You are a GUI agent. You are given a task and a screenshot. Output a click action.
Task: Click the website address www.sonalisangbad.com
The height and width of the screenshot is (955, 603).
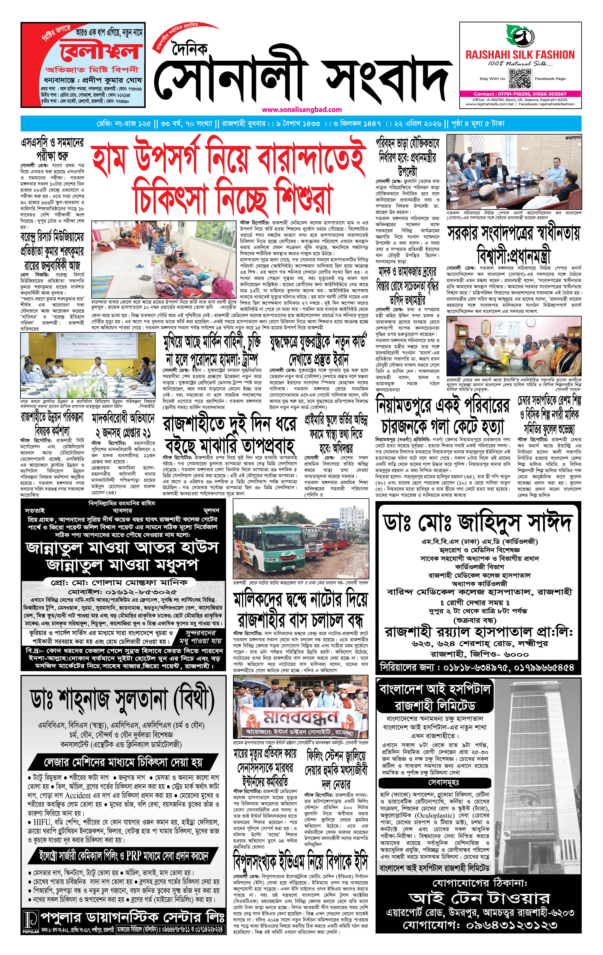point(302,110)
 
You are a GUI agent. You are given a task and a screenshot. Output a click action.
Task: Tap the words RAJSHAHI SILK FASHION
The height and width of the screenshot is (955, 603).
point(520,55)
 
